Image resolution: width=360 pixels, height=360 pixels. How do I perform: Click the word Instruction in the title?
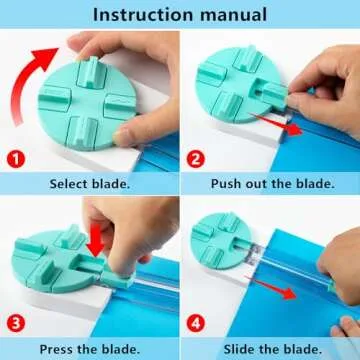tap(139, 15)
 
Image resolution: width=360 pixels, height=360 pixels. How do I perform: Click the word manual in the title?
tap(232, 15)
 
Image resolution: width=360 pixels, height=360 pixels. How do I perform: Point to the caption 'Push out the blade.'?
tap(271, 184)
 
